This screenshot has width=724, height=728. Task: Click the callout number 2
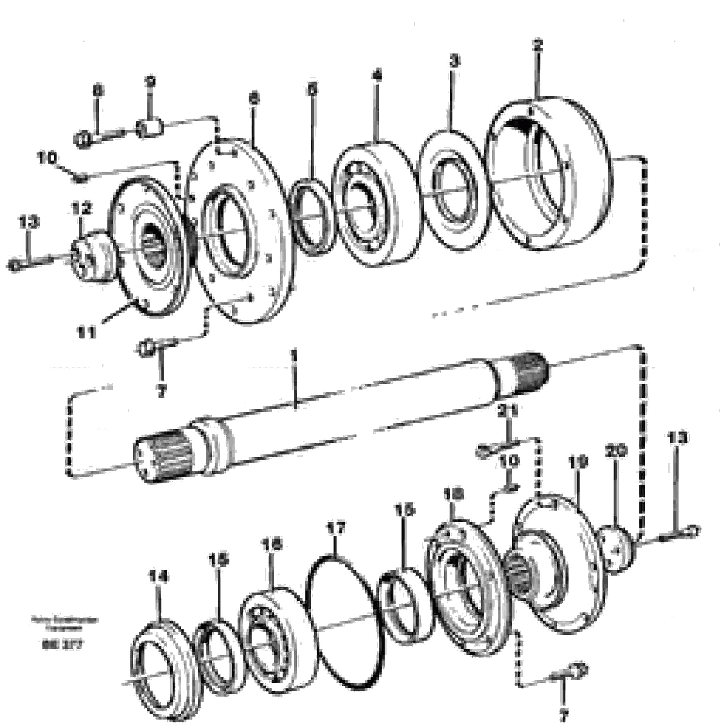pos(538,46)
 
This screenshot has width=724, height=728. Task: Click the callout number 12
pos(82,208)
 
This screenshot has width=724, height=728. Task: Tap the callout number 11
pos(86,332)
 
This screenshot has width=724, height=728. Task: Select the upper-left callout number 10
pos(47,158)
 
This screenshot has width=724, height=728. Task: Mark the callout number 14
pos(159,576)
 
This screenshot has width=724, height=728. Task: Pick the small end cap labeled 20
pos(618,551)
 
